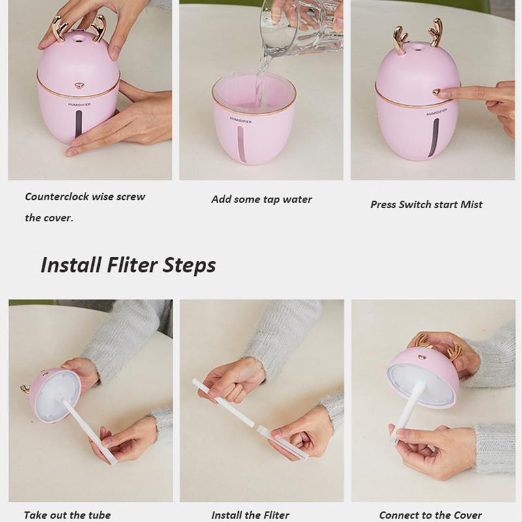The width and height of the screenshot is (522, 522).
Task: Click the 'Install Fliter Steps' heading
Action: tap(128, 265)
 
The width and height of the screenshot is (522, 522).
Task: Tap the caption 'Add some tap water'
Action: tap(261, 199)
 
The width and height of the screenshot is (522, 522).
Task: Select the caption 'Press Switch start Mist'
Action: tap(426, 204)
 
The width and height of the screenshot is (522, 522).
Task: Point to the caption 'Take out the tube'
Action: tap(67, 515)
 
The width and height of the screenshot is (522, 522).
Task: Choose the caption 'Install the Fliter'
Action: tap(250, 515)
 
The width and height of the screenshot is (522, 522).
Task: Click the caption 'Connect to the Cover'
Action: tap(430, 515)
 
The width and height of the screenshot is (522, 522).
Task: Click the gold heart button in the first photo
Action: tap(79, 85)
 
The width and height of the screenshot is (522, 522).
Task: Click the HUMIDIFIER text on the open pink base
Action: tap(241, 120)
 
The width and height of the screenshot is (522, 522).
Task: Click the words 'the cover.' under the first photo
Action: tap(49, 218)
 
